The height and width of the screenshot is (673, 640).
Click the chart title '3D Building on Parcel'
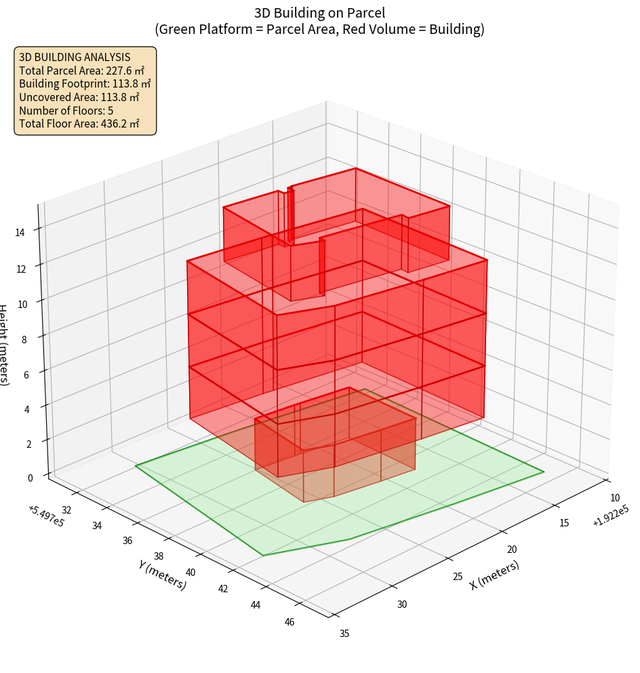tap(320, 12)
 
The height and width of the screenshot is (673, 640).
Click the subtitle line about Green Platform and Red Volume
tap(320, 29)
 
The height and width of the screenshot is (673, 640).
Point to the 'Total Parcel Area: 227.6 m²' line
tap(81, 70)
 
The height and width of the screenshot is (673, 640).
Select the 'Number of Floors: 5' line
tap(66, 111)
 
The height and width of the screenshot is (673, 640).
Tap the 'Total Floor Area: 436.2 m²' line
tap(79, 124)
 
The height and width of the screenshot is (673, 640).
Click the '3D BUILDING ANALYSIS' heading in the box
tap(75, 57)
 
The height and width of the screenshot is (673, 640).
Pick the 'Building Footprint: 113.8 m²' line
tap(85, 83)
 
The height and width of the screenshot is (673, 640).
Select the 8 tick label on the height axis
tap(24, 339)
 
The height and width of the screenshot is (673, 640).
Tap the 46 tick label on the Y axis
tap(289, 622)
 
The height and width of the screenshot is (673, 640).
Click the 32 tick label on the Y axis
tap(66, 510)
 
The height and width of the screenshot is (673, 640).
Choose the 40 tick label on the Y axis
tap(190, 573)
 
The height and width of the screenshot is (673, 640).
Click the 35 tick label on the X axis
tap(344, 634)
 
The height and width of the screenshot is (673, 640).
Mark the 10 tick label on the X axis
tap(615, 497)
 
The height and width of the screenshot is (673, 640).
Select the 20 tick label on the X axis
tap(513, 550)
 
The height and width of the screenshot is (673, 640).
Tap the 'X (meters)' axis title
tap(494, 575)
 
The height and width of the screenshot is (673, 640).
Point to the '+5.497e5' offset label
tap(46, 515)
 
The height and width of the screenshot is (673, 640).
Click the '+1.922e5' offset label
tap(610, 521)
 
